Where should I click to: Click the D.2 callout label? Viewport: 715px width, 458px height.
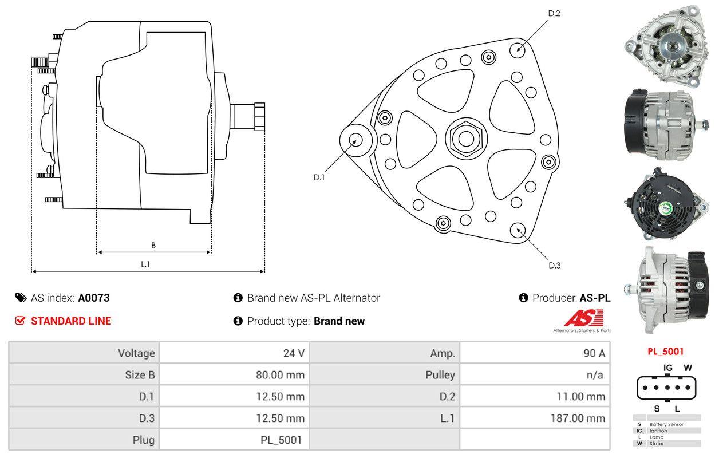pyautogui.click(x=554, y=13)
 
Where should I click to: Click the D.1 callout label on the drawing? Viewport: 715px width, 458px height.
pyautogui.click(x=319, y=177)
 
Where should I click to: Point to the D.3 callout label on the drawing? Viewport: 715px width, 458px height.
pyautogui.click(x=554, y=265)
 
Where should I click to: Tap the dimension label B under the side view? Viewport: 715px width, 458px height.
pyautogui.click(x=153, y=246)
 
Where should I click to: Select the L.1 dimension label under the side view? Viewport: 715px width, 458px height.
pyautogui.click(x=145, y=264)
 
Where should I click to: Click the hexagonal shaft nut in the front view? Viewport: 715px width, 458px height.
pyautogui.click(x=464, y=137)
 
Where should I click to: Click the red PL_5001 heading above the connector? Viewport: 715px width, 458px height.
pyautogui.click(x=665, y=352)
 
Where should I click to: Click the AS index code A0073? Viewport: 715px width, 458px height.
pyautogui.click(x=94, y=298)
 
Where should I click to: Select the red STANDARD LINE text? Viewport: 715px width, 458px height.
pyautogui.click(x=71, y=321)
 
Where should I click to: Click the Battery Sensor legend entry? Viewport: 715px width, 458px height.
pyautogui.click(x=666, y=424)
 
